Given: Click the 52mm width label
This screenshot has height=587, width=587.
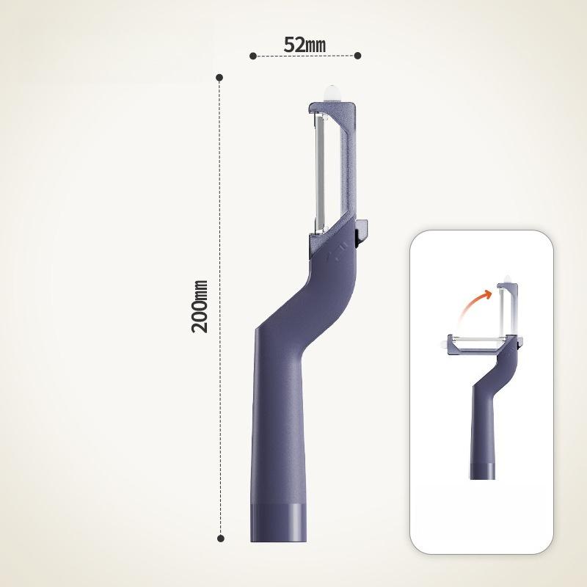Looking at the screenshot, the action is (x=305, y=45).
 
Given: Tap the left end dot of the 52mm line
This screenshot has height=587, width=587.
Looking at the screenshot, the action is (x=253, y=56).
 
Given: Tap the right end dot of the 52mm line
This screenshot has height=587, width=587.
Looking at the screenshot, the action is (x=357, y=56).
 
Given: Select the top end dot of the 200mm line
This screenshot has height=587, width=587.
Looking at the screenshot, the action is (x=219, y=78).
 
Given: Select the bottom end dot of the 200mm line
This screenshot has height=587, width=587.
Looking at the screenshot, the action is (x=221, y=539).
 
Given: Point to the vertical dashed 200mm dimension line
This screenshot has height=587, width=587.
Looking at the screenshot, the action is (x=220, y=307).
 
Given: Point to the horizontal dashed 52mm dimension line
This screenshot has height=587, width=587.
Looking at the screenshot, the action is (x=305, y=56).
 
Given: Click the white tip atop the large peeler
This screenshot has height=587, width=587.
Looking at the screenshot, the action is (x=332, y=94).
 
